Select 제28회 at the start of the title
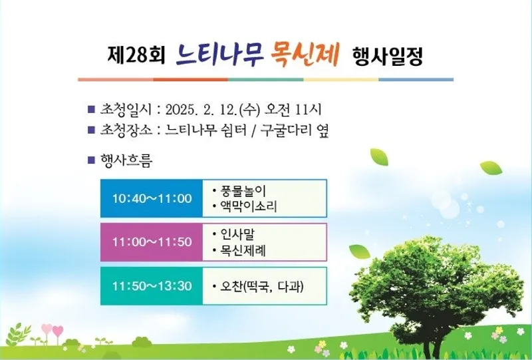(136, 55)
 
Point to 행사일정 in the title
(388, 56)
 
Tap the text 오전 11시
(294, 110)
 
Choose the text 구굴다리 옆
(295, 130)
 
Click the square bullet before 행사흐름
(91, 160)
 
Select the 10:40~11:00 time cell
(152, 198)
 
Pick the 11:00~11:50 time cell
(152, 242)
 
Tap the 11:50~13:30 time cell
(152, 286)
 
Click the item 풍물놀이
(243, 190)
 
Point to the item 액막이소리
(249, 206)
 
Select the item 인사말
(237, 234)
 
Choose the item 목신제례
(243, 251)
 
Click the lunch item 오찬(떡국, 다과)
(261, 287)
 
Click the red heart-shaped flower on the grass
(58, 331)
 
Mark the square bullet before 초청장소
(91, 130)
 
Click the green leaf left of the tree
(360, 252)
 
